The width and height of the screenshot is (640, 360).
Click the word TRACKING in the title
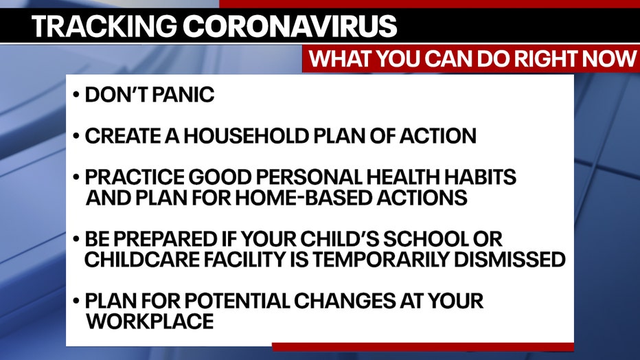(x=104, y=26)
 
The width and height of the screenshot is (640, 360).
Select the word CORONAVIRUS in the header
(x=290, y=26)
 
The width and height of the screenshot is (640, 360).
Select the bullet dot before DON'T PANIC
(x=76, y=95)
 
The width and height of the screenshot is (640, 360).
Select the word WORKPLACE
(x=149, y=322)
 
